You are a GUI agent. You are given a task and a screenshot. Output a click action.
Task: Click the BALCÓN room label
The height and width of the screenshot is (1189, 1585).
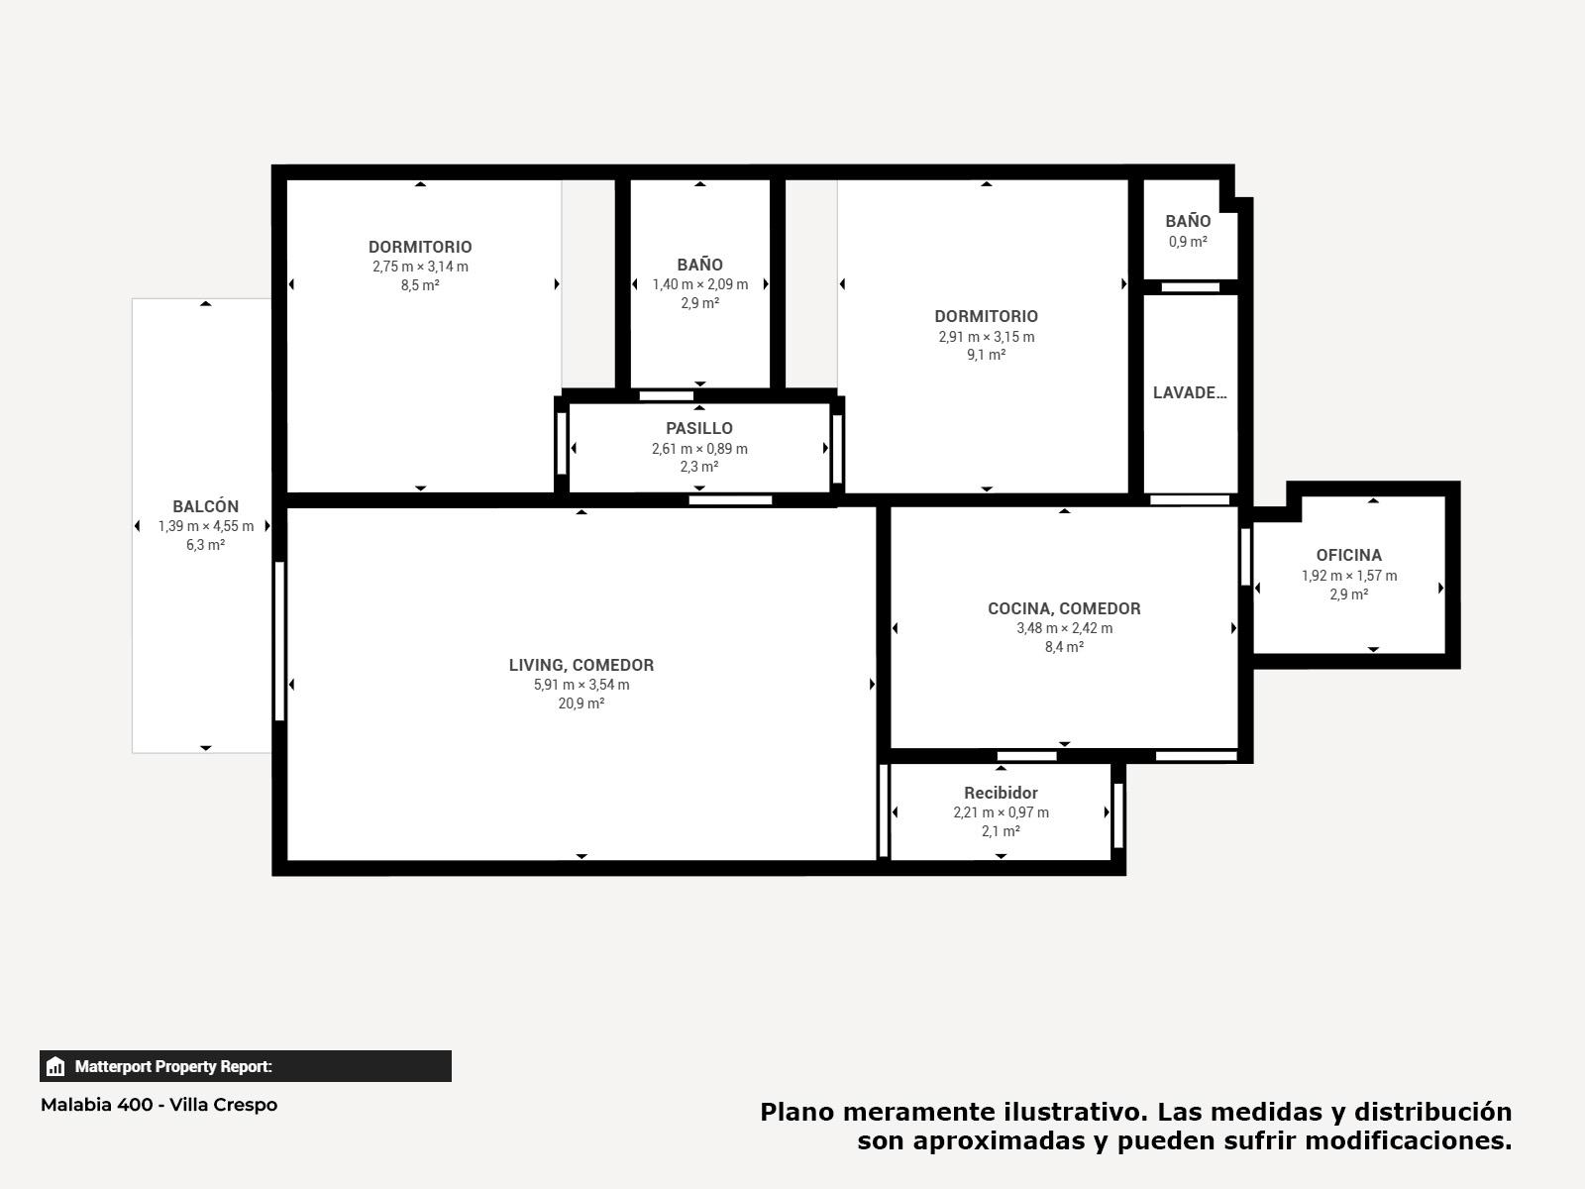pyautogui.click(x=205, y=506)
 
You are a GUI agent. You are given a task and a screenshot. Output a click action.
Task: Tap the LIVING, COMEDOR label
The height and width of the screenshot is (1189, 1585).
pyautogui.click(x=581, y=665)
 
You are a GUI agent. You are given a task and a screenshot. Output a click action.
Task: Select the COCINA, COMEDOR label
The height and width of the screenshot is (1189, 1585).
pyautogui.click(x=1064, y=608)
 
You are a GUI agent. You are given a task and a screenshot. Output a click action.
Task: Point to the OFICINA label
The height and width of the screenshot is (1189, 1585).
pyautogui.click(x=1348, y=555)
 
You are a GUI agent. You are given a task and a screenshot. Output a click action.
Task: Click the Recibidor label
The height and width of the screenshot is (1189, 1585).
pyautogui.click(x=1001, y=793)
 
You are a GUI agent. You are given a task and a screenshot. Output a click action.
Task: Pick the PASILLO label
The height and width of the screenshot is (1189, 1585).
pyautogui.click(x=699, y=428)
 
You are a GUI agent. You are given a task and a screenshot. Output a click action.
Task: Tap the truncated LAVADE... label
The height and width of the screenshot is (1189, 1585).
pyautogui.click(x=1190, y=392)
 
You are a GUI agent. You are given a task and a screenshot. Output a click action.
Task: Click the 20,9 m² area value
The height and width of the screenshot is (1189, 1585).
pyautogui.click(x=581, y=703)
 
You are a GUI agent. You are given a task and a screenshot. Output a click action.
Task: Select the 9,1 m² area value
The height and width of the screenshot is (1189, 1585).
pyautogui.click(x=987, y=355)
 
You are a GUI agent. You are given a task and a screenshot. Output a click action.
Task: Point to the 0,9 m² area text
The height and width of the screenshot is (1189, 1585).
pyautogui.click(x=1188, y=241)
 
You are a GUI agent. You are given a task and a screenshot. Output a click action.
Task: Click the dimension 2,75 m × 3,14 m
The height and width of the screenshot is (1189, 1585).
pyautogui.click(x=420, y=267)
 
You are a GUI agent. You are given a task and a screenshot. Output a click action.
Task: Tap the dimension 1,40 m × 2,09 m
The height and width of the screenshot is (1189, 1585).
pyautogui.click(x=699, y=284)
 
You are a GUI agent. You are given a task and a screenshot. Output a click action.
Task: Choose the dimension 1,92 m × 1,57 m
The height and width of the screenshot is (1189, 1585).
pyautogui.click(x=1349, y=576)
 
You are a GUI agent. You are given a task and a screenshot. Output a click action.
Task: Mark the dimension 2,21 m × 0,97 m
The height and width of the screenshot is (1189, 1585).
pyautogui.click(x=1001, y=812)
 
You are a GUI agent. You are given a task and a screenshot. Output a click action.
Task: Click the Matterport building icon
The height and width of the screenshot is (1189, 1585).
pyautogui.click(x=54, y=1066)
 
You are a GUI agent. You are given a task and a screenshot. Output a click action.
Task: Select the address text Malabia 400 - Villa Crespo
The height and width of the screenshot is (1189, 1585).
pyautogui.click(x=158, y=1105)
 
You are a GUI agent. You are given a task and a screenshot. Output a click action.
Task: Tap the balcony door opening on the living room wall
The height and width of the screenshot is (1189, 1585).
pyautogui.click(x=279, y=641)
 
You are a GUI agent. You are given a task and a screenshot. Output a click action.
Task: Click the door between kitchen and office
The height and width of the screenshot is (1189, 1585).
pyautogui.click(x=1245, y=557)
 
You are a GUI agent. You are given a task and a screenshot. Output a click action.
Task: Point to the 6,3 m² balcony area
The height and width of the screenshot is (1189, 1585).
pyautogui.click(x=205, y=545)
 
